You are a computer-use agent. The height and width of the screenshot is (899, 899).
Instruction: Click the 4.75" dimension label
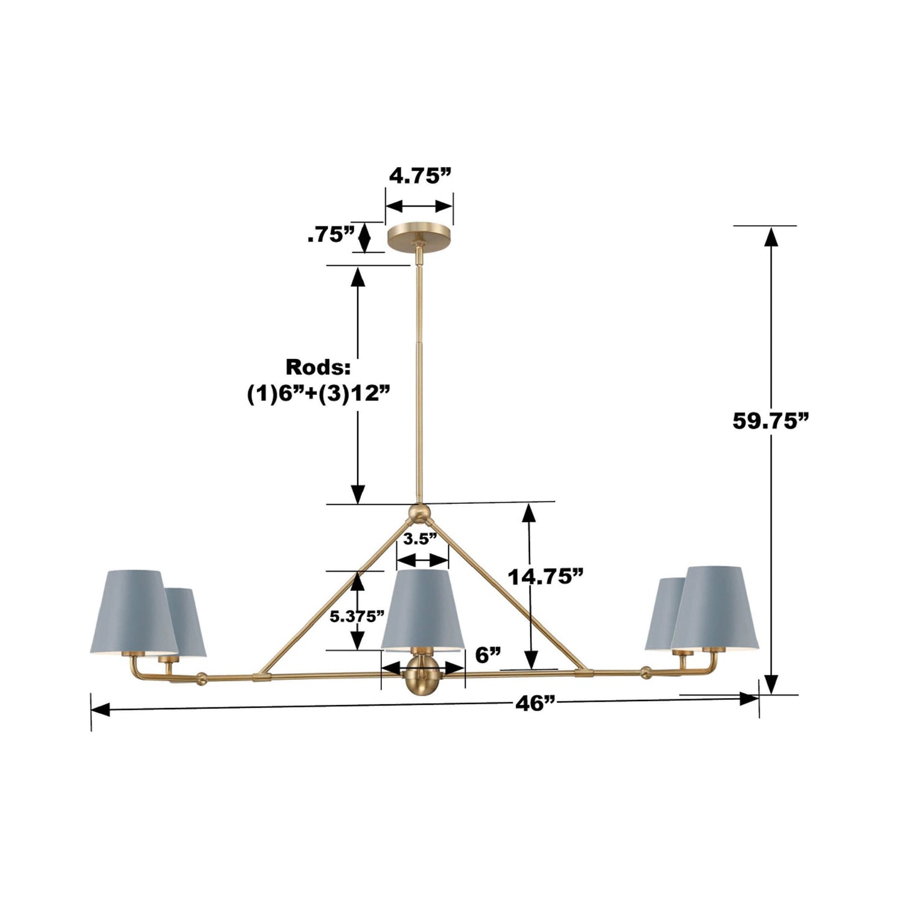point(419,177)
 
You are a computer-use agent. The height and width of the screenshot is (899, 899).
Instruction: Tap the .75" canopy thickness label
point(330,235)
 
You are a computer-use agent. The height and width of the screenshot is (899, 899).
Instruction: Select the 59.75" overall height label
point(770,421)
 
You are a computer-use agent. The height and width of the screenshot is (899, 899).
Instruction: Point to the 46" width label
point(534,704)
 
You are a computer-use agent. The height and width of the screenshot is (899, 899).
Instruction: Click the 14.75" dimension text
point(546,577)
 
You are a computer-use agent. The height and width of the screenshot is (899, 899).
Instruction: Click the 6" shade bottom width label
point(488,654)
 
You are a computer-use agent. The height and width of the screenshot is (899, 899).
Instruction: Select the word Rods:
point(318,367)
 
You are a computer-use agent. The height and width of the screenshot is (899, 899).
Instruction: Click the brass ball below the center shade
point(422,682)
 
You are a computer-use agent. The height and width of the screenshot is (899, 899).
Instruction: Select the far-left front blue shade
point(134,612)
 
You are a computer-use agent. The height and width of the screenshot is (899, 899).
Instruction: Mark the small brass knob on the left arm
point(201,678)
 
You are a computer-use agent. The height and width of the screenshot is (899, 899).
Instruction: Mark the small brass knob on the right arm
point(647,673)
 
